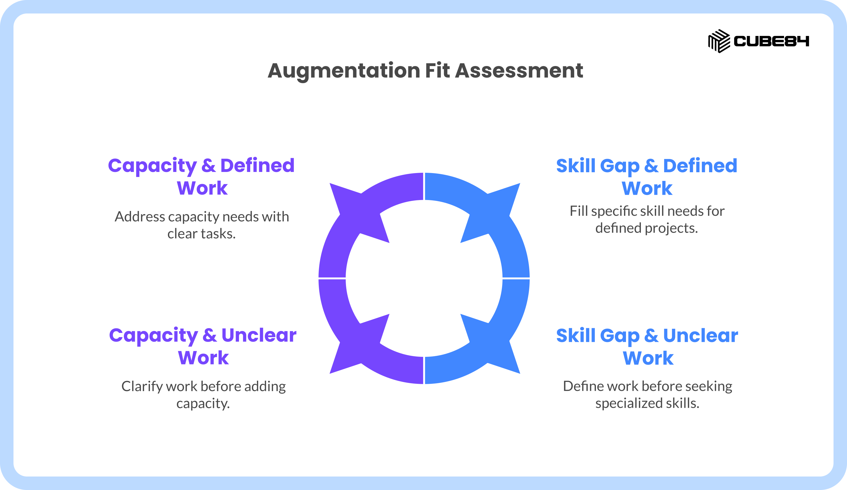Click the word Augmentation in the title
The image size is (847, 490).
point(344,71)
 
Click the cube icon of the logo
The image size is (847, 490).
point(719,41)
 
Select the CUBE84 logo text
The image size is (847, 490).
point(771,41)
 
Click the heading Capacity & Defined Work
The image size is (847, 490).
point(201,176)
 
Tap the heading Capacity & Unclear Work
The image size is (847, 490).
point(203,346)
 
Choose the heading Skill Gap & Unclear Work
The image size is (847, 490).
point(647,347)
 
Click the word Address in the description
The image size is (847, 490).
point(140,217)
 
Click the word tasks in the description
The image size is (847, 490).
point(218,234)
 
